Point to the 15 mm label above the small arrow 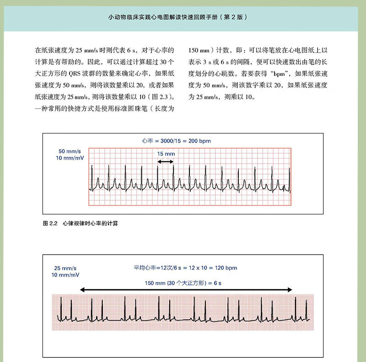pos(166,154)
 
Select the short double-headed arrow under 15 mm pos(166,161)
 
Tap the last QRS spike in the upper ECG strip pos(290,176)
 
